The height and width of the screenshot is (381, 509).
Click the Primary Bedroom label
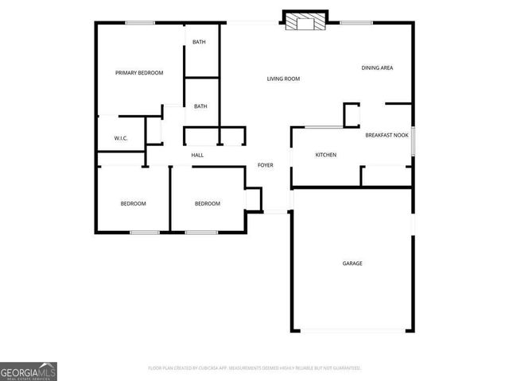139,73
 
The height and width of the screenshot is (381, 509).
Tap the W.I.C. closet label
121,138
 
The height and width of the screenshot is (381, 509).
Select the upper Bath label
200,42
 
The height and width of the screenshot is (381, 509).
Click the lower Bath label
200,106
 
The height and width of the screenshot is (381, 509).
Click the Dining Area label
377,68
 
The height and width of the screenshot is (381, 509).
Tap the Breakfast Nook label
387,136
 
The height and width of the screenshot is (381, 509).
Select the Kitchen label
326,155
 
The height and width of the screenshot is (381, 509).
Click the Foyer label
265,165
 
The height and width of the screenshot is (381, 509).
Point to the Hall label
197,155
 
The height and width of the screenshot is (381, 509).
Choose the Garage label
352,264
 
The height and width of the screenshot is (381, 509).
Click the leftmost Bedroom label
133,204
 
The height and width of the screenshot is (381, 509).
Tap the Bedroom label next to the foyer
208,204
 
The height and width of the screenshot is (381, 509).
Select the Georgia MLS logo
29,371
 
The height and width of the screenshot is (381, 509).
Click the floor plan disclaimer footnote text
254,368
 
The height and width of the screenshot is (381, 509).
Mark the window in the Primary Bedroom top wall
140,23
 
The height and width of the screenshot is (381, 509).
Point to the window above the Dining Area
356,23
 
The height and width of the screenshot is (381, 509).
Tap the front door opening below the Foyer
276,211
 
